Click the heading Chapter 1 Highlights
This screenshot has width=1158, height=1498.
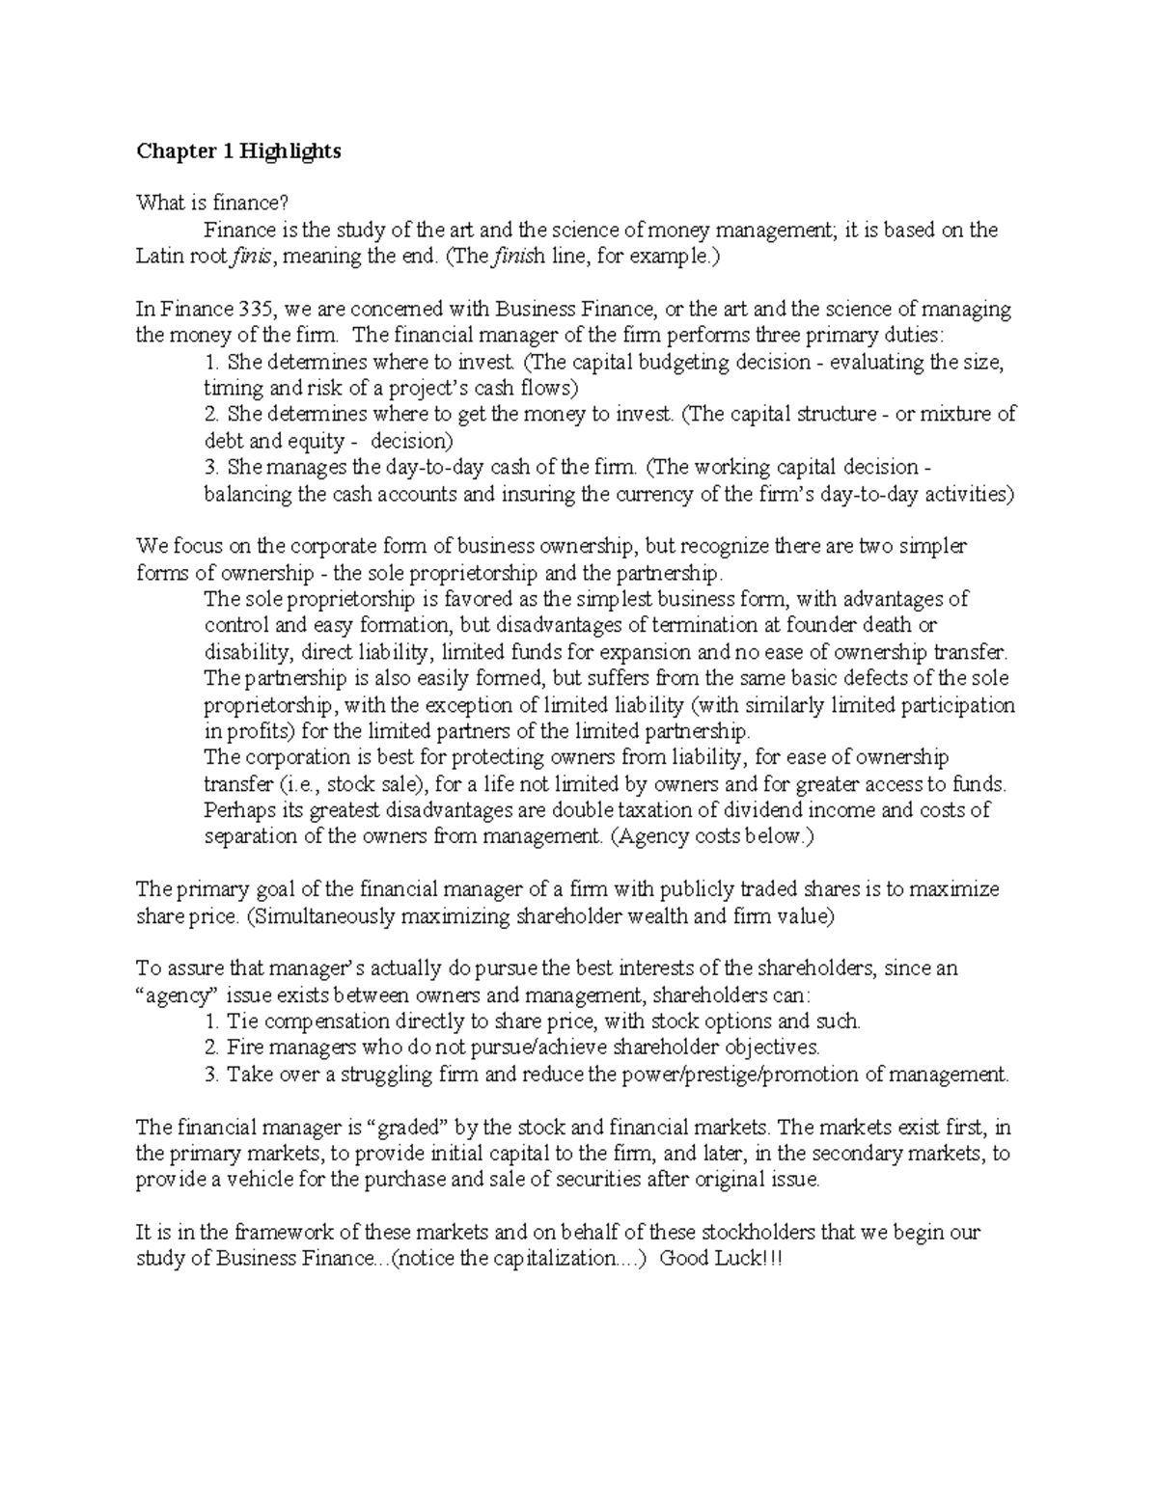point(238,151)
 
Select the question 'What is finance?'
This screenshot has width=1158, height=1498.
point(212,203)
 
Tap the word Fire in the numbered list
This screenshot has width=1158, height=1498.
point(245,1048)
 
